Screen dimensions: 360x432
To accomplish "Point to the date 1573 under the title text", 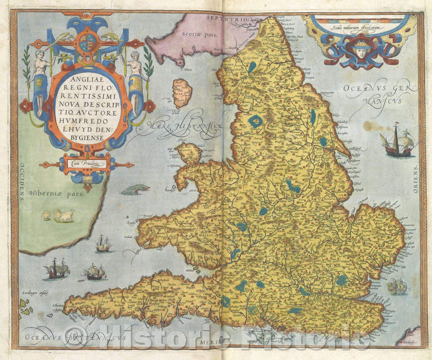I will (x=88, y=145).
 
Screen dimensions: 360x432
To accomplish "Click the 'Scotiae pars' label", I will (x=198, y=34).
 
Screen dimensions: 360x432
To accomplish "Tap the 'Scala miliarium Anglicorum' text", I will (x=361, y=27).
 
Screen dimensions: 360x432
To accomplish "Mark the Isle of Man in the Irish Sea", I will (x=182, y=92).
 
